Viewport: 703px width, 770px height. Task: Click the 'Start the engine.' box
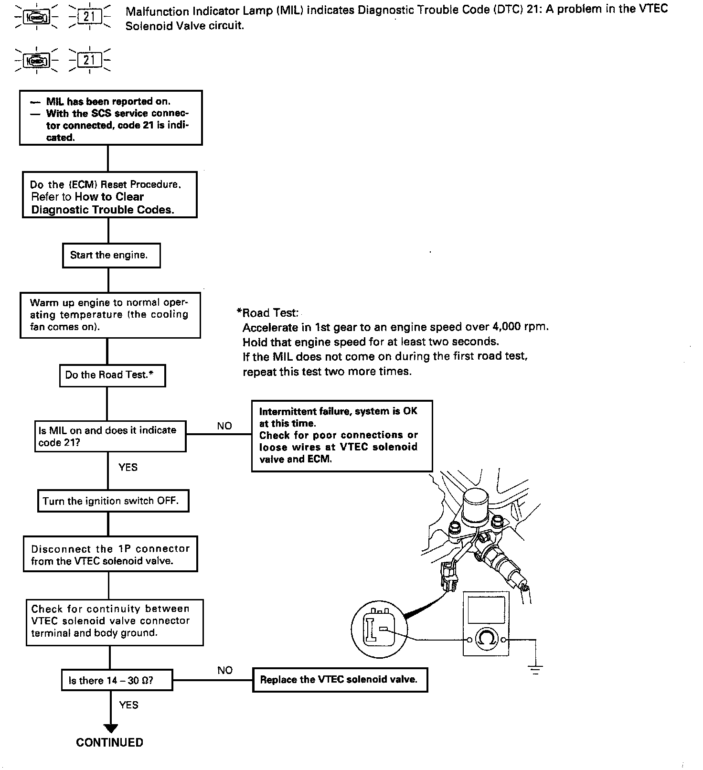(x=111, y=256)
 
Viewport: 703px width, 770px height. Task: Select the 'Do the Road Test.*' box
(x=112, y=375)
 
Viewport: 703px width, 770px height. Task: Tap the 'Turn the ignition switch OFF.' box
(x=113, y=501)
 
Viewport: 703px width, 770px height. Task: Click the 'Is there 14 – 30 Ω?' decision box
(x=117, y=680)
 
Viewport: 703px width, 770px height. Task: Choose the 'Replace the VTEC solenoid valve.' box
(x=340, y=679)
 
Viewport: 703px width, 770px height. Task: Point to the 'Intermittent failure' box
(x=342, y=436)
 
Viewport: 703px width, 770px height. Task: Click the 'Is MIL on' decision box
(x=110, y=436)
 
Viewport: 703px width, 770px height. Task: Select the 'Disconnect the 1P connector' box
(x=110, y=555)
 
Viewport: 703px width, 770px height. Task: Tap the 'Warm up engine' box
(x=110, y=315)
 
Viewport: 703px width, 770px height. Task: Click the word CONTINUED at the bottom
(x=109, y=742)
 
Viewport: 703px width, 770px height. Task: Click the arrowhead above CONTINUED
(x=110, y=728)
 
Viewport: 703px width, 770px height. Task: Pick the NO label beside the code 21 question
(x=224, y=426)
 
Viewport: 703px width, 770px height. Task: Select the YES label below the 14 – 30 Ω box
(x=128, y=705)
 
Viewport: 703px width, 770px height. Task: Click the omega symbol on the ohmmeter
(x=486, y=639)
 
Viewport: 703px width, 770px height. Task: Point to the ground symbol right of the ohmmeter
(x=536, y=669)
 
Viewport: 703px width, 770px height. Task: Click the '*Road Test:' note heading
(x=267, y=313)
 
